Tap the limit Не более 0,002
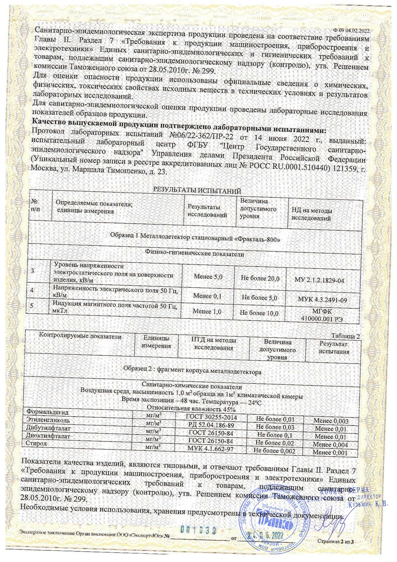coord(274,450)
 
